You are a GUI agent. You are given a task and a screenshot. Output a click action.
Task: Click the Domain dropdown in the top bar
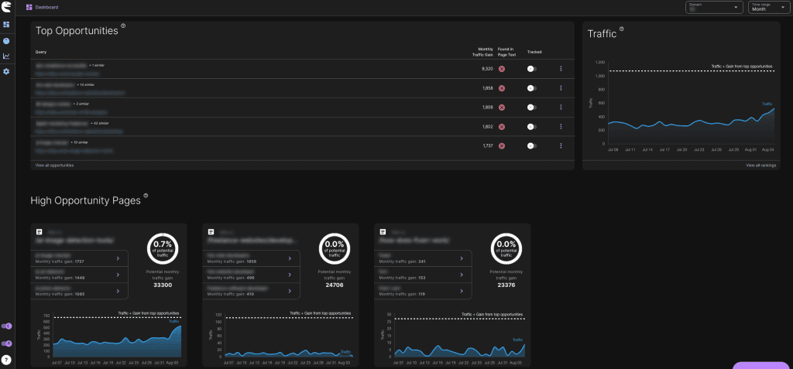[713, 8]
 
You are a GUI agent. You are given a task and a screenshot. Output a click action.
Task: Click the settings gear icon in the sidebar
[6, 71]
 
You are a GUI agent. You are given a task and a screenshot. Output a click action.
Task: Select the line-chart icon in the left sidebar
[6, 56]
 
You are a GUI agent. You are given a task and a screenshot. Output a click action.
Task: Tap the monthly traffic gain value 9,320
[487, 69]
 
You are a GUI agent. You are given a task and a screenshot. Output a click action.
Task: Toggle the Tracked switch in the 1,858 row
[531, 88]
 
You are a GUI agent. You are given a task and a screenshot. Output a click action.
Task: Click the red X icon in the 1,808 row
[501, 108]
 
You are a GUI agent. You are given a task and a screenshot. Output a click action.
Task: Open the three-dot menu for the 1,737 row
[561, 146]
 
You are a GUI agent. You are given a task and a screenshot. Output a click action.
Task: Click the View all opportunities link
[54, 166]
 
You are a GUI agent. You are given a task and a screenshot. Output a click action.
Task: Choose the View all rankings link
[759, 166]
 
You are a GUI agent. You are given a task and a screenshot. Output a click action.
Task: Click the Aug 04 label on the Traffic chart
[767, 149]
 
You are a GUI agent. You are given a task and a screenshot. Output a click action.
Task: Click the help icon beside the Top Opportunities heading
[123, 26]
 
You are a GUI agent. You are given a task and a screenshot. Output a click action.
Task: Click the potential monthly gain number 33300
[163, 285]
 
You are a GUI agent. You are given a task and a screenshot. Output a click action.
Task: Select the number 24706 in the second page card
[334, 285]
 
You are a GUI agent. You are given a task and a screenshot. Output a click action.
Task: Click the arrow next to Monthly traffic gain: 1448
[117, 275]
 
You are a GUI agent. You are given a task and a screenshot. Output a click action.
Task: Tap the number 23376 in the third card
[506, 285]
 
